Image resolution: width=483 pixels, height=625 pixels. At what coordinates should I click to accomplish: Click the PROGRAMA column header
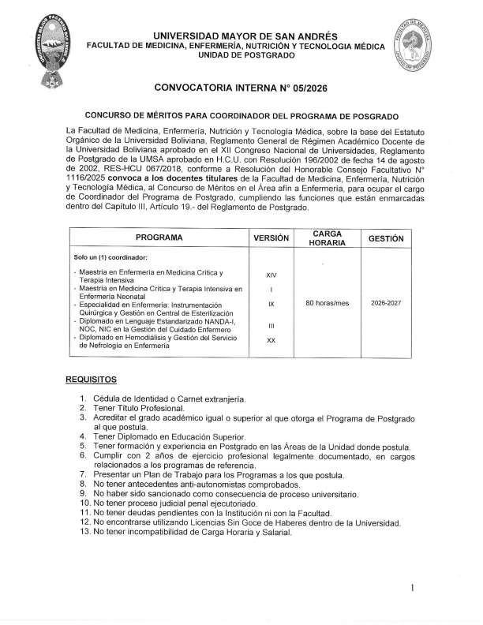coord(159,238)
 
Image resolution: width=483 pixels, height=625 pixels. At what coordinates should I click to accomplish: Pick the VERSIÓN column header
coord(271,238)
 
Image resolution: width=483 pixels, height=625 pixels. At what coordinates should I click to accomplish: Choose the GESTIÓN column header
coord(386,238)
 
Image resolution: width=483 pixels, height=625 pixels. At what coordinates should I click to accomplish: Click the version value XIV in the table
coord(271,275)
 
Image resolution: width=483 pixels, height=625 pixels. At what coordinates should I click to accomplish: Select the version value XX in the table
coord(271,339)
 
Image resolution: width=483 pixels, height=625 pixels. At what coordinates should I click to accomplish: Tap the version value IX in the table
coord(271,303)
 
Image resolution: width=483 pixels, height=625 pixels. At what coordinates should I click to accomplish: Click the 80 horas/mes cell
coord(327,303)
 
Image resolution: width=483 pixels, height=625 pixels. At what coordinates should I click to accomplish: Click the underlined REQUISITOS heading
coord(91,380)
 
